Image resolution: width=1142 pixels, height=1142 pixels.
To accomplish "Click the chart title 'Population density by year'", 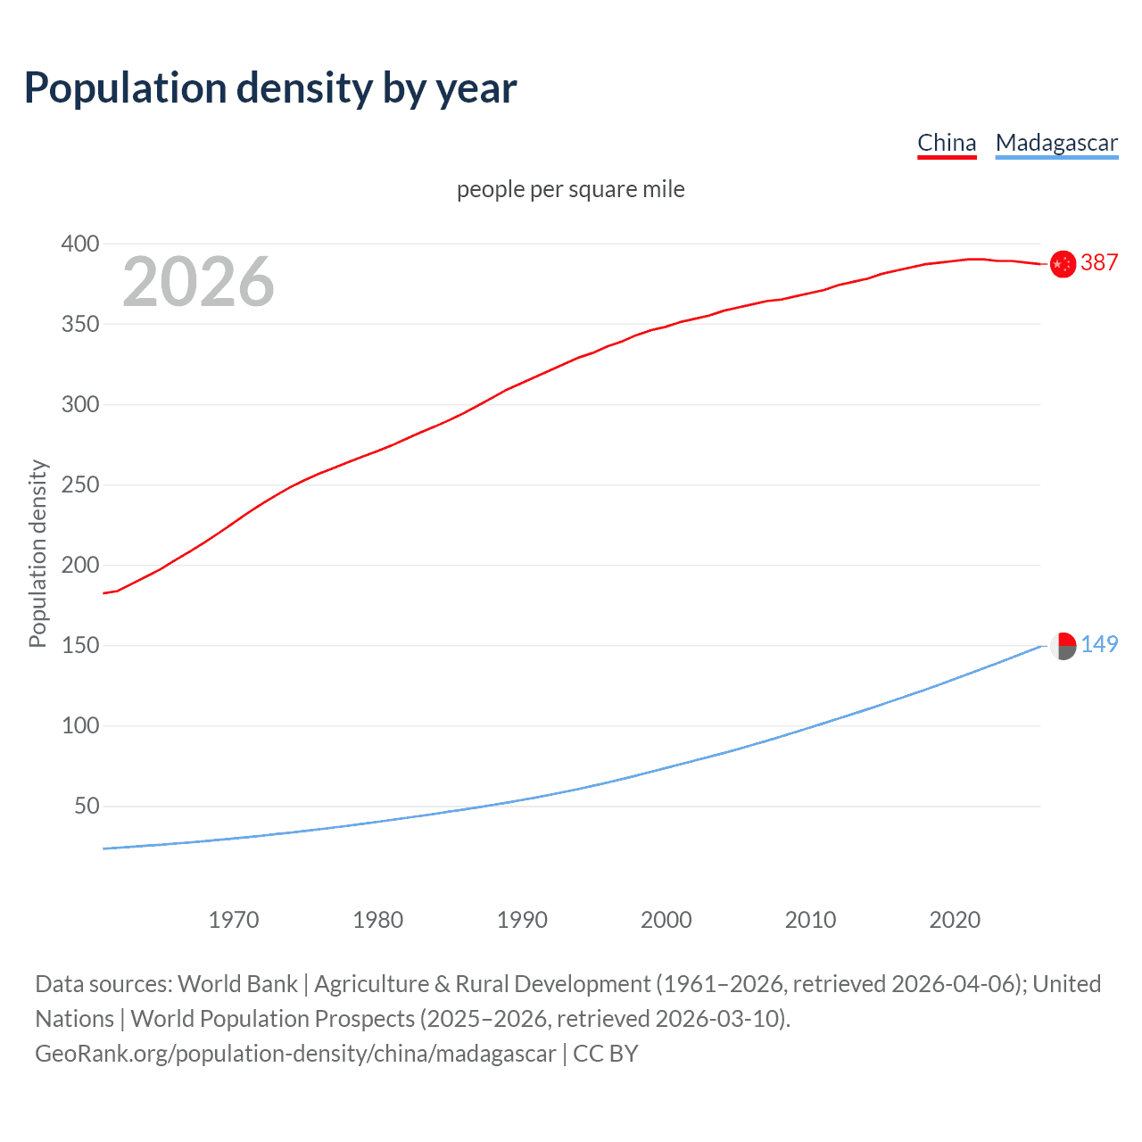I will (270, 88).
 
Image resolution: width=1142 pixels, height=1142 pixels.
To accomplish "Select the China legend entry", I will (947, 143).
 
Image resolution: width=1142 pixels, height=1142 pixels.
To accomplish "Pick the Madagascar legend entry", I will (1056, 143).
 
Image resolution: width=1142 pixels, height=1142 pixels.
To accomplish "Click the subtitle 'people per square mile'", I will (570, 189).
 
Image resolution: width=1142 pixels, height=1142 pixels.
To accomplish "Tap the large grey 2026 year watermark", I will (198, 282).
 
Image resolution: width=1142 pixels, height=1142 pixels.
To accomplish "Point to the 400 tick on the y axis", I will (80, 244).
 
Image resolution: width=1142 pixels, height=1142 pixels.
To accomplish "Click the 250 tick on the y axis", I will (80, 484).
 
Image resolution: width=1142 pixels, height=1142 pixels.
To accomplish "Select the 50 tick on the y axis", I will (87, 806).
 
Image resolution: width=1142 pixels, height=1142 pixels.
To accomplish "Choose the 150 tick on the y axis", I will (80, 645).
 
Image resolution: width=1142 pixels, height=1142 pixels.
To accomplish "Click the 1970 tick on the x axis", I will (234, 920).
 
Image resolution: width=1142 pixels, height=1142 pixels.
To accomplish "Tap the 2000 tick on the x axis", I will (666, 920).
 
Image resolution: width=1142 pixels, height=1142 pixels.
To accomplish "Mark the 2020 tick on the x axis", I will (955, 920).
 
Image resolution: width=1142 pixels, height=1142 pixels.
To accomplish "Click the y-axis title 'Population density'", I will (37, 553).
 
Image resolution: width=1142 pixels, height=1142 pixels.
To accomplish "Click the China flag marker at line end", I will (1063, 264).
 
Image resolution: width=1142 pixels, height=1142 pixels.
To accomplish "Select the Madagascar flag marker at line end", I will (1063, 646).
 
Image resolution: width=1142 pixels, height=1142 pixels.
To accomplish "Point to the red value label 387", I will (1099, 262).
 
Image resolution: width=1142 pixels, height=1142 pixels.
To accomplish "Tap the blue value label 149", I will (1099, 644).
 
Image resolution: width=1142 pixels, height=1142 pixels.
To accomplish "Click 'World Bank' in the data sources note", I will (237, 983).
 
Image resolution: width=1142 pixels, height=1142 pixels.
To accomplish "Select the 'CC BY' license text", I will (606, 1053).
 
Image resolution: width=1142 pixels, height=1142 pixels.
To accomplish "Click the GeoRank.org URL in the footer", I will (295, 1053).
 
